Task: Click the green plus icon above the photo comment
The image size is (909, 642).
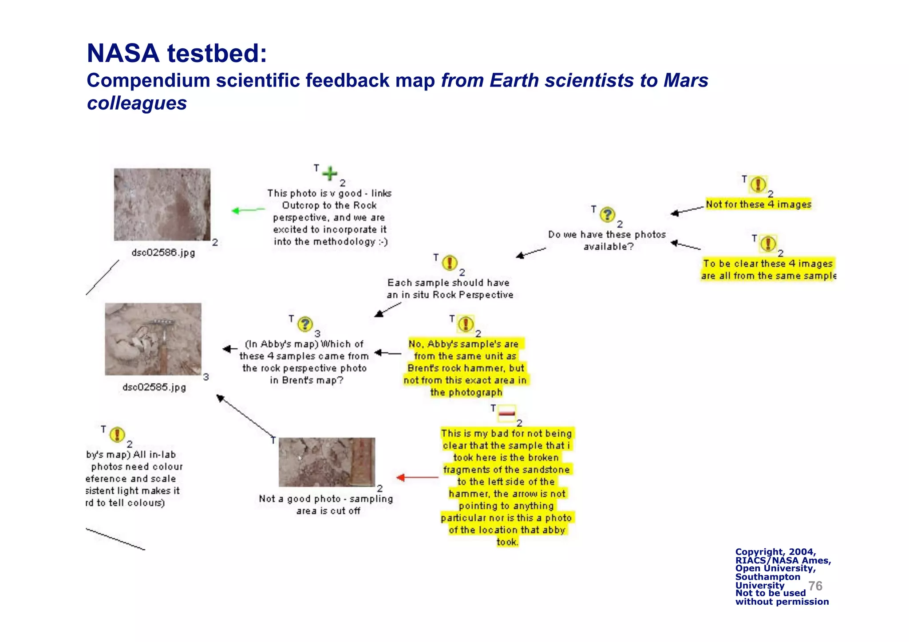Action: tap(330, 173)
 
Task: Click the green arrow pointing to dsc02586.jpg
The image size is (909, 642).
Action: tap(247, 210)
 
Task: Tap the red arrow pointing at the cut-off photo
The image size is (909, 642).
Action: tap(416, 477)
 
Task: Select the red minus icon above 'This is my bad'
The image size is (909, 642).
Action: tap(506, 413)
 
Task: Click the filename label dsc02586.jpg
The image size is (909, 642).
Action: tap(163, 253)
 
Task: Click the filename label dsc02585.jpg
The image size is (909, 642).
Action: tap(154, 387)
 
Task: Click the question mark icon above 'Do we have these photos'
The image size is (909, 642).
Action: tap(607, 215)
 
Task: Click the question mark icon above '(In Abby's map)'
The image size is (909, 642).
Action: tap(305, 324)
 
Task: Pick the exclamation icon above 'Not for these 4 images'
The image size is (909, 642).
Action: tap(758, 184)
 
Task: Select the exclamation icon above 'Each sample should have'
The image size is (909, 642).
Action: tap(450, 263)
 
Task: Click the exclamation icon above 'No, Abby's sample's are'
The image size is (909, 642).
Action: tap(466, 324)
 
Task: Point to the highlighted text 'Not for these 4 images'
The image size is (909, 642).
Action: tap(759, 205)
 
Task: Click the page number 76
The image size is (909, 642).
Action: tap(815, 586)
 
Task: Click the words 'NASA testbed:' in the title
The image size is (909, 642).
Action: tap(177, 53)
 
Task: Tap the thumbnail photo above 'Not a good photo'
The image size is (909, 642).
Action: tap(327, 462)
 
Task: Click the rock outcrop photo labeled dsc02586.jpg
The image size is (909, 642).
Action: tap(162, 205)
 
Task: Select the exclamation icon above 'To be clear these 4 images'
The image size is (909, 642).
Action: tap(768, 244)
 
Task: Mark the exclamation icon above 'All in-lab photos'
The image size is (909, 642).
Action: tap(117, 434)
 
